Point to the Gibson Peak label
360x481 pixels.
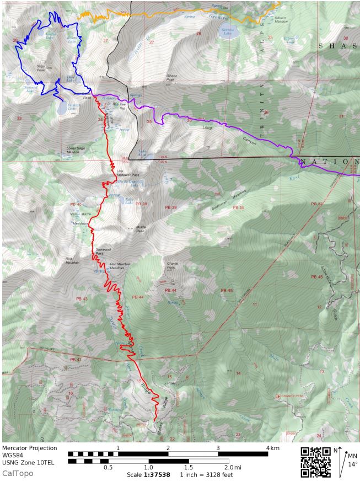point(171,77)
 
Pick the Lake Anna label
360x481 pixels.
point(143,153)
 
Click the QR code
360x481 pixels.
point(316,461)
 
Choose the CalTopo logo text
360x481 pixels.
point(18,473)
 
